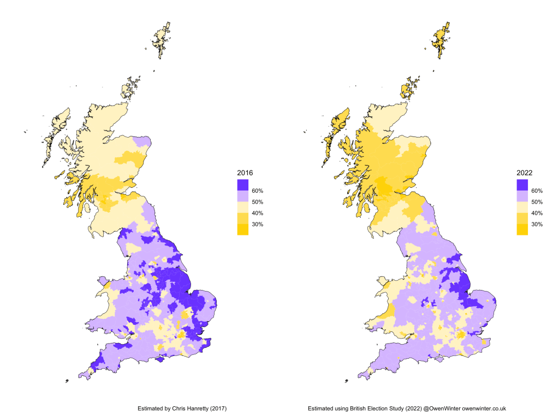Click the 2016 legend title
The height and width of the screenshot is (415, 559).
[x=244, y=173]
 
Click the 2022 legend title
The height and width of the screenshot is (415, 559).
[x=524, y=173]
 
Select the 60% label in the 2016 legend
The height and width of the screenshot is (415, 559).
[x=258, y=191]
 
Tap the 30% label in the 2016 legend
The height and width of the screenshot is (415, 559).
[x=258, y=224]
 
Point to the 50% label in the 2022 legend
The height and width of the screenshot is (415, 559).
[x=537, y=202]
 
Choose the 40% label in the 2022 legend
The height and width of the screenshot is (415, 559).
[x=537, y=214]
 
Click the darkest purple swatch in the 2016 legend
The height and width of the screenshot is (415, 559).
[x=242, y=185]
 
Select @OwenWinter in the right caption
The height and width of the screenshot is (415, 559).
[x=442, y=408]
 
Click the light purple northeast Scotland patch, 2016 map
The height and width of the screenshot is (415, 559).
[x=141, y=141]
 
